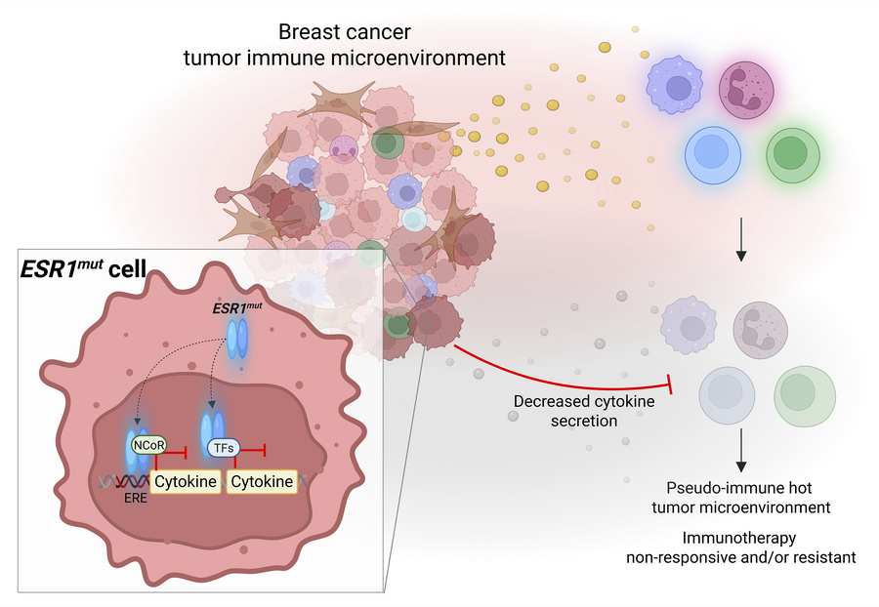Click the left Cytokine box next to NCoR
[186, 481]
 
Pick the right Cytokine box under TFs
[262, 481]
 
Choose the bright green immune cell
[792, 154]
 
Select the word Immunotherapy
[741, 538]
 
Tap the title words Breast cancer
[344, 33]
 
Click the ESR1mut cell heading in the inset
[84, 269]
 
